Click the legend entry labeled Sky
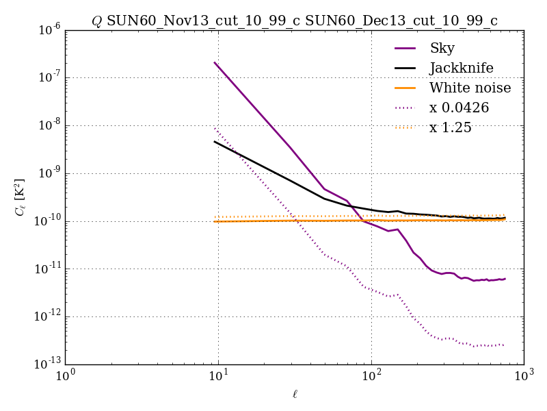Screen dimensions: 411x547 442,48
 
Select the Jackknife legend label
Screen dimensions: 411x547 461,68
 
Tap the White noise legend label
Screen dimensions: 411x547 470,88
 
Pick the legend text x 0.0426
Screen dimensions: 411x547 459,108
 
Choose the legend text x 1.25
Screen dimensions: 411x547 450,127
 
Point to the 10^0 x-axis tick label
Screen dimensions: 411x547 66,376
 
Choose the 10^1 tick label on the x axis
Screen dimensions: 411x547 218,376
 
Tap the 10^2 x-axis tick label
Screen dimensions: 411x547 371,376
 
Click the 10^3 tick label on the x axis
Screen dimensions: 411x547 524,376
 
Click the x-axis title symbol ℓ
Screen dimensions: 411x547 295,394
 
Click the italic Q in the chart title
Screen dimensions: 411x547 96,21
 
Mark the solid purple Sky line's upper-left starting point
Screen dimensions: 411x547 215,62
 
